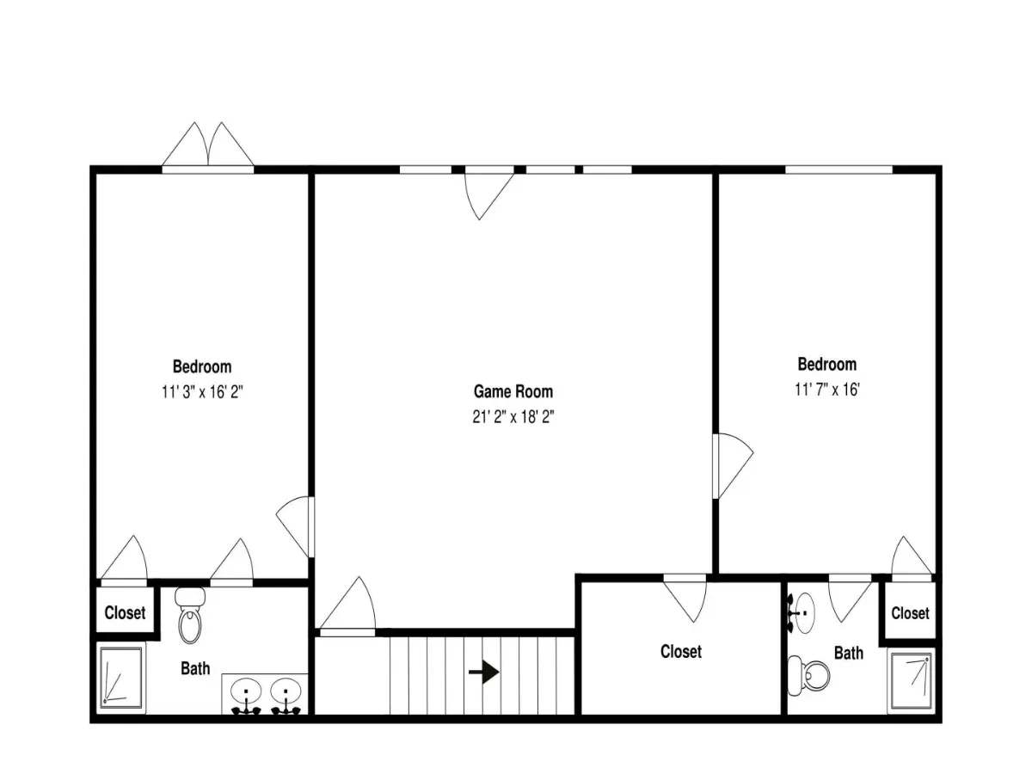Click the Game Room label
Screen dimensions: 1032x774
pos(513,391)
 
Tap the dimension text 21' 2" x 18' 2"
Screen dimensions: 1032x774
pos(513,416)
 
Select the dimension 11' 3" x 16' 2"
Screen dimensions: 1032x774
pos(202,391)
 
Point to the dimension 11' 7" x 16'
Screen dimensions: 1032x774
pos(827,389)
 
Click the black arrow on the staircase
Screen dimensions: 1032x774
pos(484,673)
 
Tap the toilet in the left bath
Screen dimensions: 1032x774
pos(190,616)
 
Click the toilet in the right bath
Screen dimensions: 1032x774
pos(808,675)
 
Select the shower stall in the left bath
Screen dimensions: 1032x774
pos(121,677)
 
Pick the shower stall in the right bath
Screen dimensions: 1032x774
pos(911,679)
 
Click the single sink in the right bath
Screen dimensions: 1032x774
pos(802,613)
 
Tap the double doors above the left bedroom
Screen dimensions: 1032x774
pos(208,144)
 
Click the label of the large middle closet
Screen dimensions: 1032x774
pos(681,651)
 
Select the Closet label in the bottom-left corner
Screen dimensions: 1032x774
pos(125,613)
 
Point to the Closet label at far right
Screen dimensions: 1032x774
pos(910,613)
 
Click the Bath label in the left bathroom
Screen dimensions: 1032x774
pos(195,668)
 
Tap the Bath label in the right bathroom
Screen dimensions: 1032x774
pos(849,653)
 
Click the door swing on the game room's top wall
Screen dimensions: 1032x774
pos(489,196)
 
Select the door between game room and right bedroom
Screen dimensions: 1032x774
pos(734,465)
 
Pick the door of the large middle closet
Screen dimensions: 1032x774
pos(685,601)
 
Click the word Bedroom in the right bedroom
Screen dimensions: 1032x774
pos(827,364)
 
